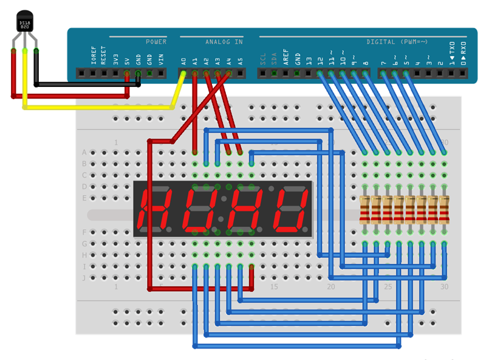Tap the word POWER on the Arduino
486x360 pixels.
[156, 42]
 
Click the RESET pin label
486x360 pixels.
[104, 55]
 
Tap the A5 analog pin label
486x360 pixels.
[241, 61]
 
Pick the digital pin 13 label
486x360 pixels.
[309, 60]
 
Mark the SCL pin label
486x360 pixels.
[263, 58]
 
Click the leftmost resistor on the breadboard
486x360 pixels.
[364, 209]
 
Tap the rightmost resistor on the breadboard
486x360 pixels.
[445, 209]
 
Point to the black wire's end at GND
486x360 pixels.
[139, 75]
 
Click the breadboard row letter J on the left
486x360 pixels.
[84, 277]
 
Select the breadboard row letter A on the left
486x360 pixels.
[84, 153]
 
